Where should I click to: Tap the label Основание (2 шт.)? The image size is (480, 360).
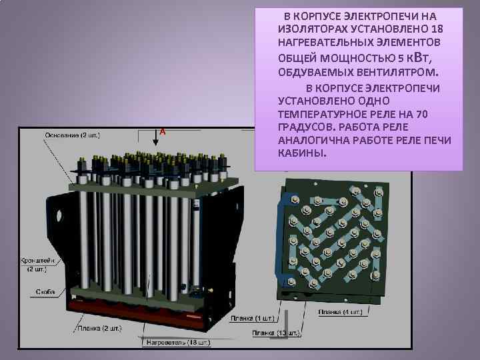[x=73, y=135]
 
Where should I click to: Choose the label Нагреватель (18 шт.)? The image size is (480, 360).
[x=176, y=343]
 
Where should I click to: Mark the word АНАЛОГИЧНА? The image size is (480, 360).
[x=314, y=140]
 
